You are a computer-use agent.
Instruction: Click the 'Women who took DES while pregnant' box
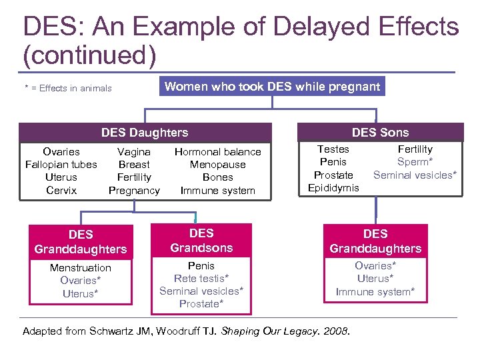[x=272, y=86]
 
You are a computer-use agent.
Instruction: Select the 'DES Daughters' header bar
[x=145, y=133]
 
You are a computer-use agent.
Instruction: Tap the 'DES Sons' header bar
[x=380, y=132]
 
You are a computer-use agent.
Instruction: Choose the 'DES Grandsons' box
[x=201, y=241]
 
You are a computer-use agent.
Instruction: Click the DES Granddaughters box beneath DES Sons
[x=375, y=241]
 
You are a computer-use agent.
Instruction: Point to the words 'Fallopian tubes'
[x=61, y=165]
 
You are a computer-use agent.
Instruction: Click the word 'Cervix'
[x=61, y=190]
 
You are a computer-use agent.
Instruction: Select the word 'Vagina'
[x=134, y=152]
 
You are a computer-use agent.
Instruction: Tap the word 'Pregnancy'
[x=134, y=190]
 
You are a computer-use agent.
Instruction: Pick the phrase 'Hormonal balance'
[x=217, y=152]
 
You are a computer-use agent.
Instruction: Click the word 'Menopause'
[x=217, y=165]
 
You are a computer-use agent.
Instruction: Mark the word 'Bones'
[x=217, y=177]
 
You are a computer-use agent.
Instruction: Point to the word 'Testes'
[x=333, y=149]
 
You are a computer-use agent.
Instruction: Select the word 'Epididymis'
[x=333, y=187]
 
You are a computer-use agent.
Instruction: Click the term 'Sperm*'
[x=415, y=162]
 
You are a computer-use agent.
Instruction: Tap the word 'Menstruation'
[x=81, y=267]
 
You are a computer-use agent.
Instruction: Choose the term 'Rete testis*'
[x=201, y=278]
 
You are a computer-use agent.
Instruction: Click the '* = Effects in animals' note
[x=67, y=88]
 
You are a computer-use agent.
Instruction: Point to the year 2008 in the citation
[x=337, y=331]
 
